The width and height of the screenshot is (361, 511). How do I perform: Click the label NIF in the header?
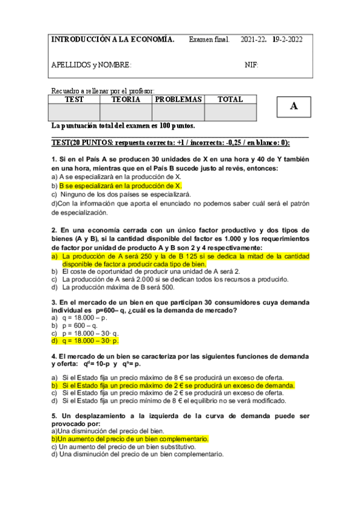tap(251, 65)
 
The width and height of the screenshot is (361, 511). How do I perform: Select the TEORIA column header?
tap(126, 99)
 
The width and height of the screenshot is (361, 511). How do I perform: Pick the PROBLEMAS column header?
tap(178, 99)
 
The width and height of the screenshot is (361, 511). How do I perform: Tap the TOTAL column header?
tap(230, 99)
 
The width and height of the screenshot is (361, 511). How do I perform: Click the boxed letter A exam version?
tap(294, 107)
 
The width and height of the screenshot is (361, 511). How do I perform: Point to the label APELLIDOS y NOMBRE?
tap(91, 65)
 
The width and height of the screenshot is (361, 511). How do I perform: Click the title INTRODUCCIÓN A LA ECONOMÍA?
tap(113, 40)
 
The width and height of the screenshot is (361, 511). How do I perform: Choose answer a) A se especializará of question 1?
tap(116, 177)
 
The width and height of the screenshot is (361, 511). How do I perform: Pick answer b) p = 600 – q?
tap(79, 325)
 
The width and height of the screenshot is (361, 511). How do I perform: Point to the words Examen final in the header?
tap(209, 40)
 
